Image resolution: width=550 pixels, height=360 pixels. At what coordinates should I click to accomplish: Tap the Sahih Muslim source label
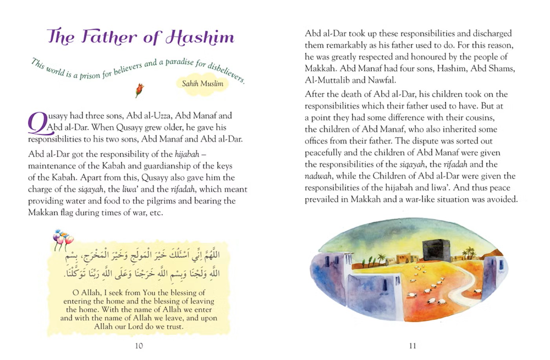(202, 84)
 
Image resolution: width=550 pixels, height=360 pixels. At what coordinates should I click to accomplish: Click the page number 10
(139, 346)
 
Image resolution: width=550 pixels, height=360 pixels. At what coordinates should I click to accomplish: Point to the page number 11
(412, 346)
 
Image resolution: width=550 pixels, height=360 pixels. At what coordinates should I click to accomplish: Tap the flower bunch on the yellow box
(62, 239)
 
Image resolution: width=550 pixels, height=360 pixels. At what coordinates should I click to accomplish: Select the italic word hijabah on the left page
(187, 154)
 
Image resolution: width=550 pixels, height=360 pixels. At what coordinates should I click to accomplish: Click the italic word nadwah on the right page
(318, 176)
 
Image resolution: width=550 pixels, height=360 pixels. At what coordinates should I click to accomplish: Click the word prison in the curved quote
(90, 75)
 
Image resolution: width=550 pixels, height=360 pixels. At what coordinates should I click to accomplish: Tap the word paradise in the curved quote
(180, 62)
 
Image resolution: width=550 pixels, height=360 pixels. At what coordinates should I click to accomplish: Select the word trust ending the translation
(174, 327)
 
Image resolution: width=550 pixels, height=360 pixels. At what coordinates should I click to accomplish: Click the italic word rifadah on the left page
(183, 189)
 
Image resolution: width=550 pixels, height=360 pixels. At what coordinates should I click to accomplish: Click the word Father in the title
(109, 37)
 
